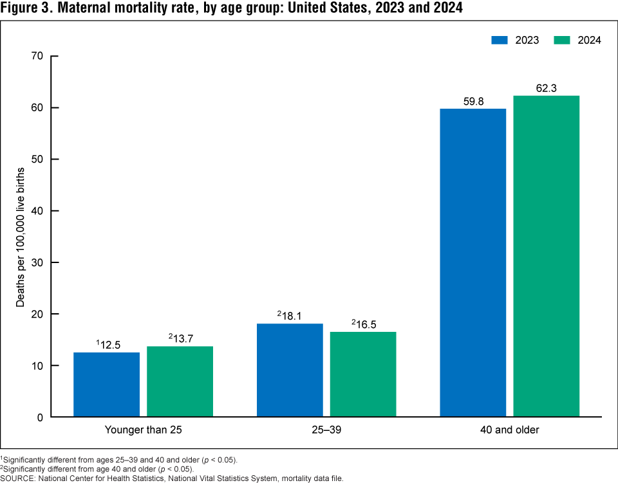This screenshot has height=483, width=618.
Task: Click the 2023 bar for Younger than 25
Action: (106, 385)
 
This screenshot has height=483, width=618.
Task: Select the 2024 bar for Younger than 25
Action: (180, 381)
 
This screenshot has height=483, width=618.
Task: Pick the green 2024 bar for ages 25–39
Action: (363, 374)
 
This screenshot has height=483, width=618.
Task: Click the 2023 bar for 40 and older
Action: (473, 262)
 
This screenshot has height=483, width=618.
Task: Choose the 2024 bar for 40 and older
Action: (546, 256)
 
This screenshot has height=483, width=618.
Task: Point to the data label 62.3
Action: (546, 88)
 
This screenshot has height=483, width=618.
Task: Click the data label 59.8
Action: (473, 101)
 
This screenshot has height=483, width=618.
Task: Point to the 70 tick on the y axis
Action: (37, 56)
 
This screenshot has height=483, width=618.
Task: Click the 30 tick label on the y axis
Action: (37, 262)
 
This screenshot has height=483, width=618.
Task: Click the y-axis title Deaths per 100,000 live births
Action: (20, 236)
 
